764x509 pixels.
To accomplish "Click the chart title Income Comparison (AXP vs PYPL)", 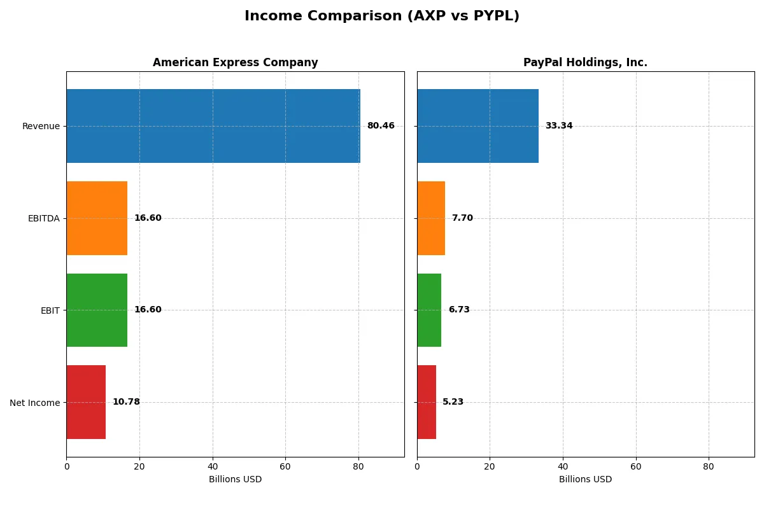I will pyautogui.click(x=381, y=17).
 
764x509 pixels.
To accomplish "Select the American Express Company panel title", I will pyautogui.click(x=235, y=62).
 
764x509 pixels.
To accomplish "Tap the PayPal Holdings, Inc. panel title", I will pyautogui.click(x=585, y=62).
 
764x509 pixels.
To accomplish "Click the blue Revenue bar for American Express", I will pyautogui.click(x=213, y=126).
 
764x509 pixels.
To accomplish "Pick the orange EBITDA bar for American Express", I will pyautogui.click(x=97, y=218).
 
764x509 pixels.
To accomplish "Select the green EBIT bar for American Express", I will pyautogui.click(x=97, y=310).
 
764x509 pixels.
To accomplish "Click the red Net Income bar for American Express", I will pyautogui.click(x=86, y=402).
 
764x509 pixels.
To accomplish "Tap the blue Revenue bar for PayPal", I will pyautogui.click(x=478, y=126).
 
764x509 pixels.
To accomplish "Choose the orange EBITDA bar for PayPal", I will pyautogui.click(x=431, y=218).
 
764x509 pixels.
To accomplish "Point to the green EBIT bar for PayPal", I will pyautogui.click(x=429, y=310).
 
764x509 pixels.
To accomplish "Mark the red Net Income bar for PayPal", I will pyautogui.click(x=427, y=402).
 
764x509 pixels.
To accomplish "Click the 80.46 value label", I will pyautogui.click(x=381, y=126).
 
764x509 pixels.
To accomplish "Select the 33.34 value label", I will pyautogui.click(x=559, y=126).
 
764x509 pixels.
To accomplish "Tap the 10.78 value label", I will pyautogui.click(x=126, y=402).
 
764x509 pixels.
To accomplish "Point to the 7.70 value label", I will pyautogui.click(x=462, y=218).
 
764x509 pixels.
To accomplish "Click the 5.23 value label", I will pyautogui.click(x=453, y=402).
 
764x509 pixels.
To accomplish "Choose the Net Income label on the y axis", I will pyautogui.click(x=34, y=403).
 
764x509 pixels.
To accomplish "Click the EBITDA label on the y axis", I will pyautogui.click(x=43, y=218).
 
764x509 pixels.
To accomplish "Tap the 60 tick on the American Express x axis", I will pyautogui.click(x=285, y=466).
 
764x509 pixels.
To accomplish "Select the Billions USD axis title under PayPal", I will pyautogui.click(x=585, y=479).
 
